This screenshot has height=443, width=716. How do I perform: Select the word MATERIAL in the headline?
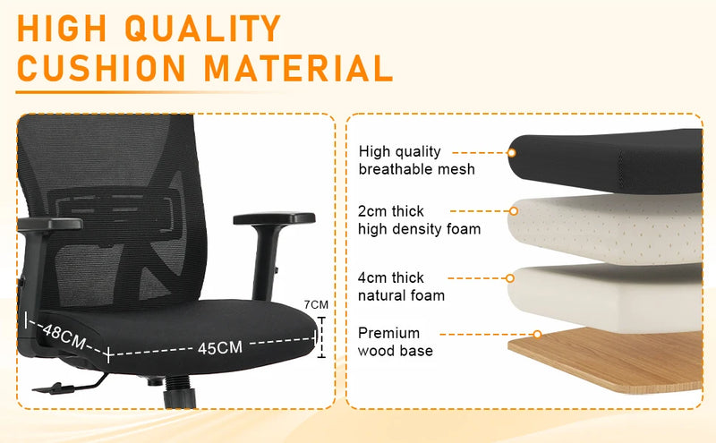pos(303,68)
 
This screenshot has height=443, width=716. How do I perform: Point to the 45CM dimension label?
pos(220,347)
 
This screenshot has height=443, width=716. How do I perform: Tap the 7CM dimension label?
pos(317,304)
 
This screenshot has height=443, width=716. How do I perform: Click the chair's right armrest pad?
pos(274,218)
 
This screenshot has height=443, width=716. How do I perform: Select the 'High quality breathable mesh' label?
pos(416,160)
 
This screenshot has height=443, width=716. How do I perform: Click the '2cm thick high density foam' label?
pos(419,220)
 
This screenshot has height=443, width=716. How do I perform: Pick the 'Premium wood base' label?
pos(396,342)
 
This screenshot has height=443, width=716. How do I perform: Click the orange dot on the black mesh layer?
pos(512,152)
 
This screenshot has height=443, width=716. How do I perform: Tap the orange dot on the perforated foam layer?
pos(513,212)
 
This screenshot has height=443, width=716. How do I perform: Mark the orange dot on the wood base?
pos(537,335)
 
